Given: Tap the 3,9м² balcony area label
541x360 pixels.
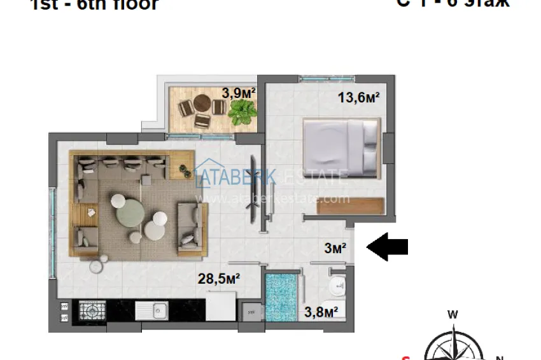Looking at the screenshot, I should click(239, 93).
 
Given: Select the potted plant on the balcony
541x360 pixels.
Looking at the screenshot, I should click(242, 113).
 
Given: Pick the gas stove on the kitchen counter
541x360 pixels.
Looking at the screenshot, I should click(92, 311).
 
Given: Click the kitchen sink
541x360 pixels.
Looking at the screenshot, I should click(151, 311).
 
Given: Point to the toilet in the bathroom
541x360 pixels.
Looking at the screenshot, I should click(337, 287).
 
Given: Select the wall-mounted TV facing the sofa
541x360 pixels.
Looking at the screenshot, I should click(256, 189).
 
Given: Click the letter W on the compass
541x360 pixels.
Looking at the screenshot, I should click(453, 314).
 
